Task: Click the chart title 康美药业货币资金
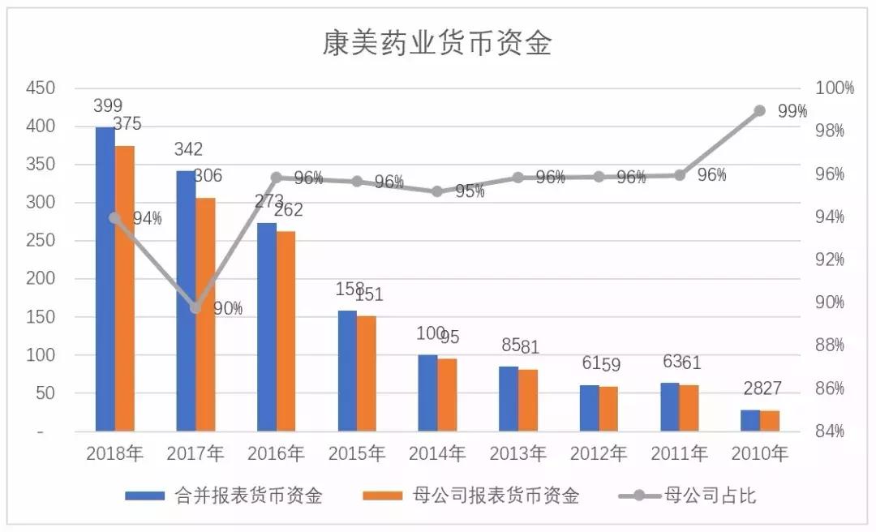[437, 42]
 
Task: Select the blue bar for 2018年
[105, 279]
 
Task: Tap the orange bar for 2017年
[205, 315]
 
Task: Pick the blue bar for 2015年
[346, 371]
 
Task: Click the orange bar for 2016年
[286, 331]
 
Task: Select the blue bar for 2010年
[750, 420]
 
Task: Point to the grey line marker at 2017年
[195, 308]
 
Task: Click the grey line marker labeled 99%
[760, 110]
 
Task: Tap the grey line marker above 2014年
[437, 191]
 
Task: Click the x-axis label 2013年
[518, 454]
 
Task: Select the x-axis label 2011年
[680, 454]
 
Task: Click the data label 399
[107, 105]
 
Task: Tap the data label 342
[187, 149]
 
